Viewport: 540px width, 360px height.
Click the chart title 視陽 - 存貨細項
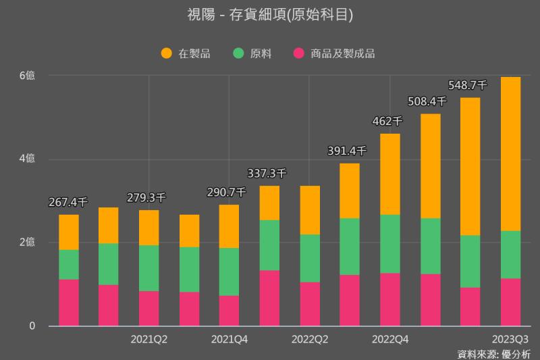pos(269,15)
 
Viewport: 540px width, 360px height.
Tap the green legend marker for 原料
pos(238,53)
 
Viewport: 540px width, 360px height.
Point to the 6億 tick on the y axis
pos(27,76)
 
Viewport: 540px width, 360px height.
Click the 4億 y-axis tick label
pos(27,159)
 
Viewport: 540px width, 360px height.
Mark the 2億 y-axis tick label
pos(27,242)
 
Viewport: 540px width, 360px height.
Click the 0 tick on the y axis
pos(31,326)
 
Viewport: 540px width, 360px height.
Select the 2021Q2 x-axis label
pos(148,339)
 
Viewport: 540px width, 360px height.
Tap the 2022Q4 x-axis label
pos(390,339)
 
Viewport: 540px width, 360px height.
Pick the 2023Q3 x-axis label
pos(511,339)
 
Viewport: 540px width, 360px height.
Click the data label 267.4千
pos(68,202)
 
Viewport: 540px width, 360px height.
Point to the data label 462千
pos(387,122)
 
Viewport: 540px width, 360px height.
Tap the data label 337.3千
pos(267,173)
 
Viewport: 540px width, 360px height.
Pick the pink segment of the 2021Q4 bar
pos(229,311)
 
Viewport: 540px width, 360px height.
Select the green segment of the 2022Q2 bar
pos(310,258)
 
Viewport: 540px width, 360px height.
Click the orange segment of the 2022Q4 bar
pos(390,174)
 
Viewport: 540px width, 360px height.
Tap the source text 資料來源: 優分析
pos(493,353)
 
